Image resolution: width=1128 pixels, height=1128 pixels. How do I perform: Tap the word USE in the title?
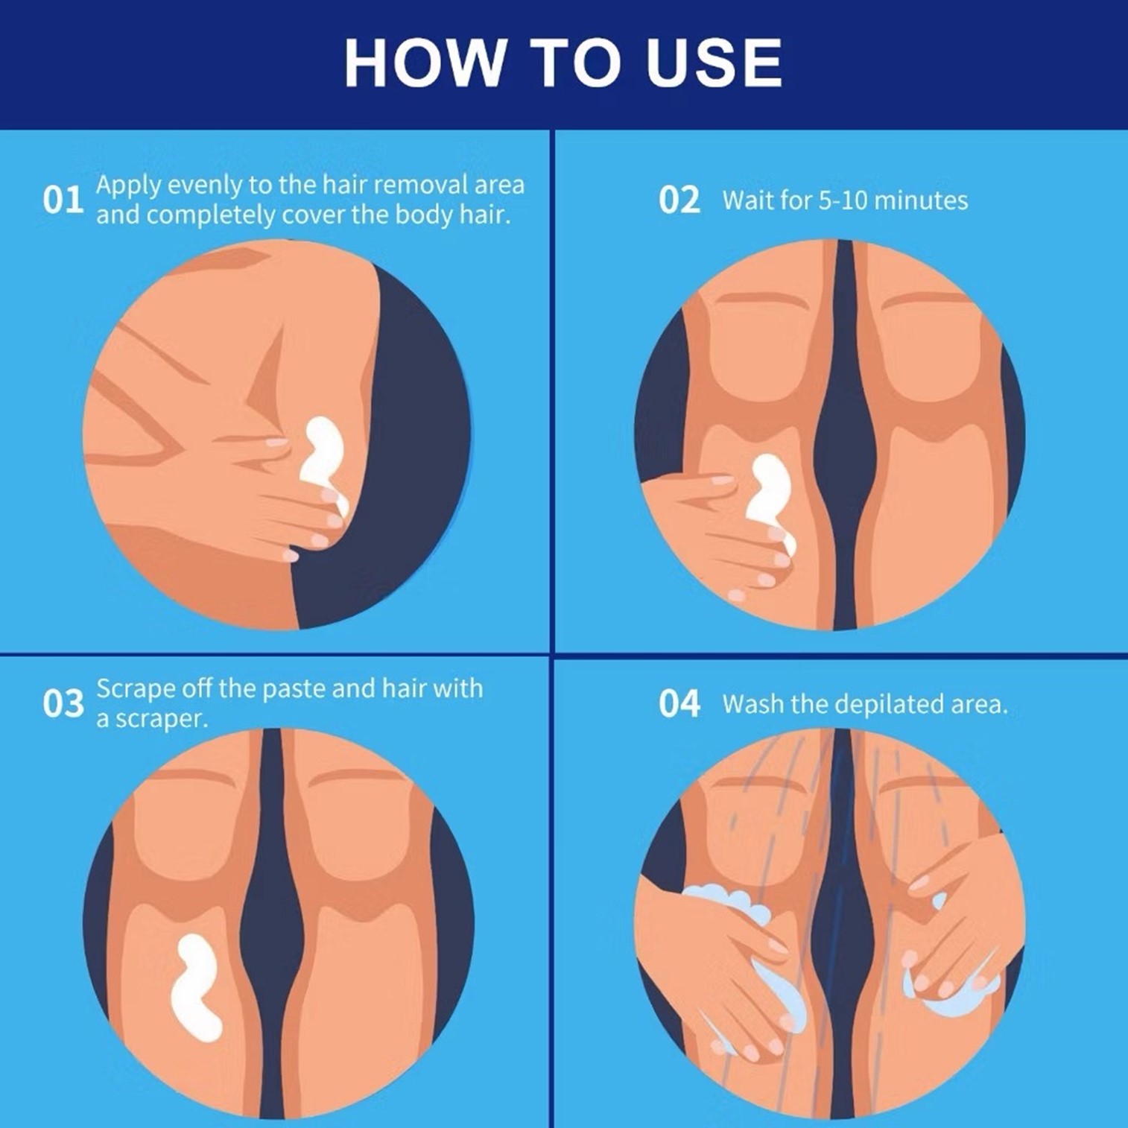pyautogui.click(x=714, y=63)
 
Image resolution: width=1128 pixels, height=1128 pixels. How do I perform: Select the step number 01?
pyautogui.click(x=63, y=200)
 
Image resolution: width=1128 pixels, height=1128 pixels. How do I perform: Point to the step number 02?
pyautogui.click(x=679, y=200)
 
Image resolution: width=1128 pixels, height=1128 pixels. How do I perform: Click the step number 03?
pyautogui.click(x=63, y=703)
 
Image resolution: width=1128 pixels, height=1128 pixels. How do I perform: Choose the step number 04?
pyautogui.click(x=679, y=703)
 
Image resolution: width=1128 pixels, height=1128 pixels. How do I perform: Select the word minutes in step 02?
pyautogui.click(x=921, y=200)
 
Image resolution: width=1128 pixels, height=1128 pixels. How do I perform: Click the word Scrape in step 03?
pyautogui.click(x=136, y=688)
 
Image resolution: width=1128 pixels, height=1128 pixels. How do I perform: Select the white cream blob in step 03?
pyautogui.click(x=195, y=985)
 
